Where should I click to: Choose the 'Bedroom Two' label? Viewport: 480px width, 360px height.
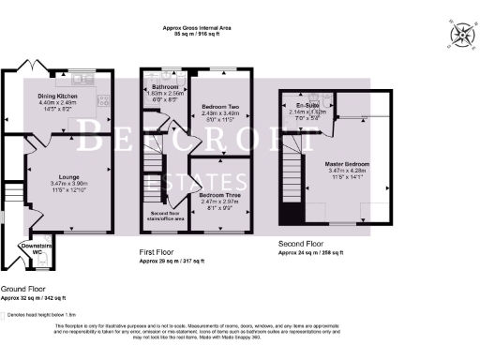pyautogui.click(x=222, y=108)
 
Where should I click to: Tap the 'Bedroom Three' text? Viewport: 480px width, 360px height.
pyautogui.click(x=222, y=194)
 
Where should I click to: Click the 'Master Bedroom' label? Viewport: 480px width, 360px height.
pyautogui.click(x=347, y=164)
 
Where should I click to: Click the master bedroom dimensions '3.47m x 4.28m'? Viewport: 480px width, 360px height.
pyautogui.click(x=347, y=171)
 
